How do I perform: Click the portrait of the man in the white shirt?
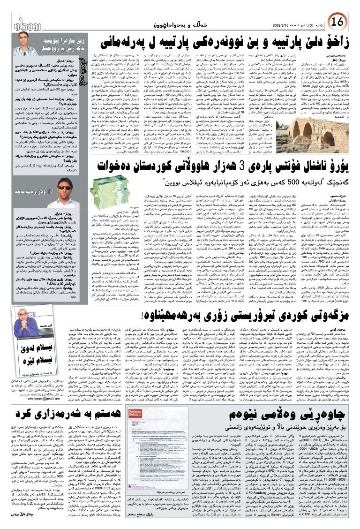28,46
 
